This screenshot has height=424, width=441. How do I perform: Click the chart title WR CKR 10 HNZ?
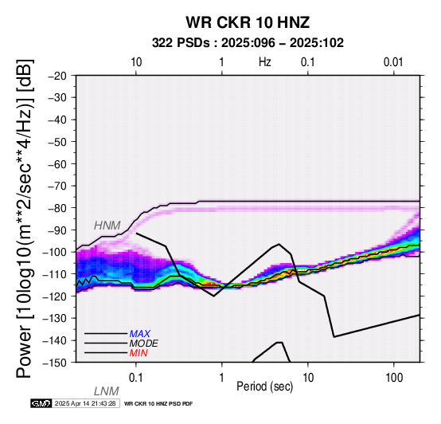point(248,22)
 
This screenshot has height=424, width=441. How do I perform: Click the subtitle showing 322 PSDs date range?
point(248,43)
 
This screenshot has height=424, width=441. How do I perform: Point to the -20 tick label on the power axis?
point(57,76)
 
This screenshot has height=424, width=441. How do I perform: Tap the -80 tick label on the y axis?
point(57,208)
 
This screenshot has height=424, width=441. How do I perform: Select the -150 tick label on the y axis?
point(55,363)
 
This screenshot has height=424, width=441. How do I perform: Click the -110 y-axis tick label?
point(55,274)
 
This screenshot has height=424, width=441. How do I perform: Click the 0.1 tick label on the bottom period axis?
point(135,378)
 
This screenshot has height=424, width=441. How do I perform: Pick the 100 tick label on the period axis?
point(394,378)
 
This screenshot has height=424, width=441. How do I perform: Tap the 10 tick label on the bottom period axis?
point(308,378)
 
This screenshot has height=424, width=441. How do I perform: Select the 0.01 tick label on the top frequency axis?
point(393,62)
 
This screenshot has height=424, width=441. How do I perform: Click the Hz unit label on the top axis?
point(265,62)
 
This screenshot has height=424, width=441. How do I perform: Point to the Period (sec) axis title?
point(264,387)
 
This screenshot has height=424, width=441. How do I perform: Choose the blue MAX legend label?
point(140,334)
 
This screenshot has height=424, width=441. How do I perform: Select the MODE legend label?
point(144,344)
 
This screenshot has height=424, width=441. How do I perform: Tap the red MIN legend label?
point(139,353)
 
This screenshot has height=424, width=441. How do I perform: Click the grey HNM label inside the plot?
point(107,226)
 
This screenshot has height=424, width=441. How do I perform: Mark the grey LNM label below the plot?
point(107,391)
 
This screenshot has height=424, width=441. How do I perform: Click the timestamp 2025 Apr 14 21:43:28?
point(85,404)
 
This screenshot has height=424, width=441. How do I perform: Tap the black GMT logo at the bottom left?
point(41,404)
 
